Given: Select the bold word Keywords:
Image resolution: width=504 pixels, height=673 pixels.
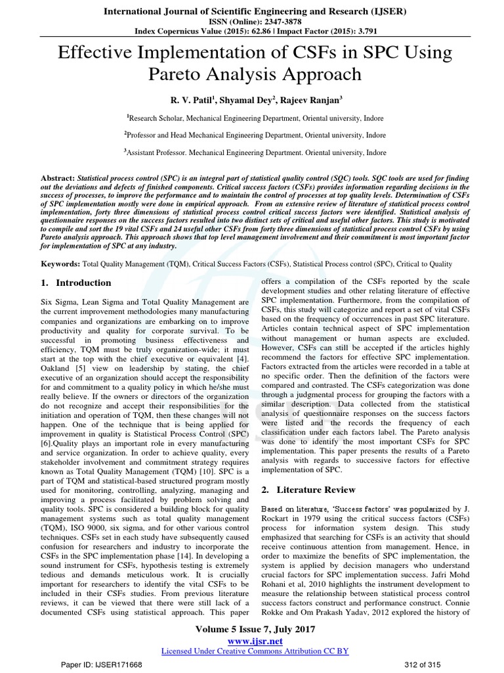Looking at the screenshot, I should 56,264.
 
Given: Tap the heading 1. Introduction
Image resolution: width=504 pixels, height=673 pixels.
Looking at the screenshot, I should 72,283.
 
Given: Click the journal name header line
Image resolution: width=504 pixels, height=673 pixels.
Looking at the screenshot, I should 252,10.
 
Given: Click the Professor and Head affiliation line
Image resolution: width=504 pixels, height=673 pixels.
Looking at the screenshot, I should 252,135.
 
